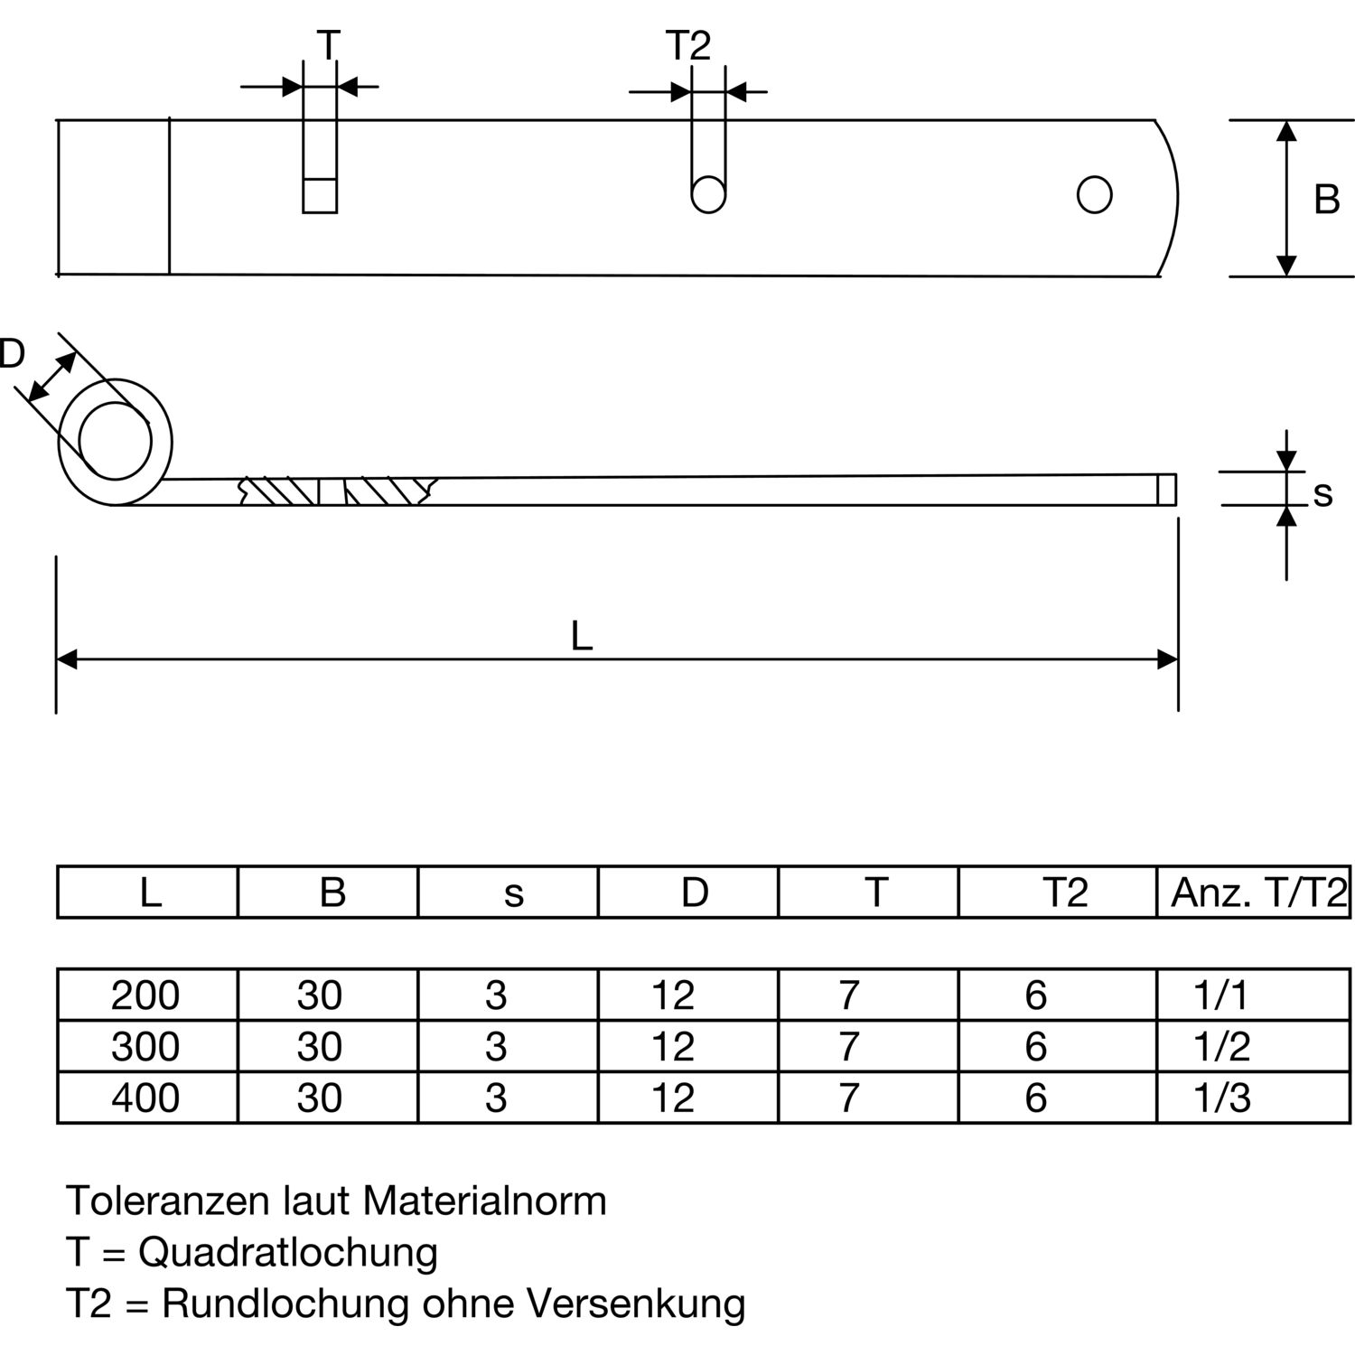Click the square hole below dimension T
[x=320, y=195]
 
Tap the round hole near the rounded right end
[x=1094, y=194]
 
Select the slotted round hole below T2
[x=708, y=194]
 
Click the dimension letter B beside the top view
[x=1326, y=199]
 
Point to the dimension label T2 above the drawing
[x=688, y=45]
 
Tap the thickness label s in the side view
[x=1322, y=493]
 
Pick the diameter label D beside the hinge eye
[x=11, y=354]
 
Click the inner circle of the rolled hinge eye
[x=115, y=441]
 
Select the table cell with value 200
[x=145, y=995]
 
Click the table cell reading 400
[x=145, y=1098]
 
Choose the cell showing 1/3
[x=1222, y=1098]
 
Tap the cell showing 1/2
[x=1222, y=1046]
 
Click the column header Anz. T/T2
[x=1259, y=892]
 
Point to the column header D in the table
[x=695, y=892]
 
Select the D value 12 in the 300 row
[x=673, y=1046]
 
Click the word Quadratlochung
[x=288, y=1254]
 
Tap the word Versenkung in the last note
[x=636, y=1304]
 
